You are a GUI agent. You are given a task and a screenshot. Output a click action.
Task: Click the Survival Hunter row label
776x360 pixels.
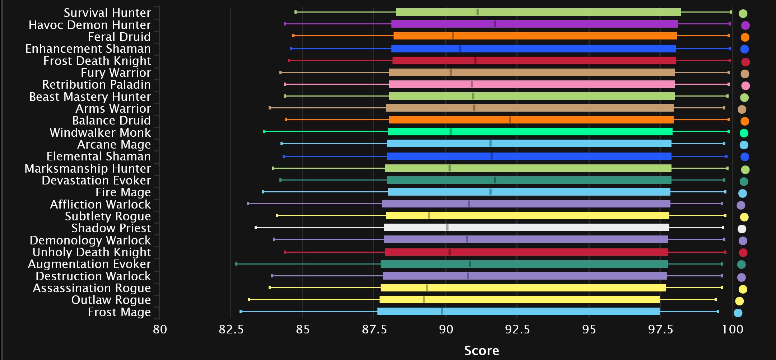(107, 13)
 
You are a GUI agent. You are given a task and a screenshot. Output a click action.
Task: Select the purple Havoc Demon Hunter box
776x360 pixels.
(534, 24)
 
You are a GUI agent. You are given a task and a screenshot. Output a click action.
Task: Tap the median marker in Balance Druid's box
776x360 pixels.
(510, 120)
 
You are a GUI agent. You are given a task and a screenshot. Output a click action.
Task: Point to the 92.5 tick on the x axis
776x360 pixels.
(517, 329)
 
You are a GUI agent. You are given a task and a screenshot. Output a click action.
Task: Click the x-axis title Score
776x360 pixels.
(481, 351)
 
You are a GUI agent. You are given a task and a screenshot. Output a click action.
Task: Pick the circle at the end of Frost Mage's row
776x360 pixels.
(738, 313)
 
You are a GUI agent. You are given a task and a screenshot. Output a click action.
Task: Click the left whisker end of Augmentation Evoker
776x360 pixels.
(236, 264)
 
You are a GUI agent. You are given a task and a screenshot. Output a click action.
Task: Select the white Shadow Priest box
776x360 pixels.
(526, 228)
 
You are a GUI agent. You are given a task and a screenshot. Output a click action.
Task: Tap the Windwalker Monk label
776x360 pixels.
(100, 133)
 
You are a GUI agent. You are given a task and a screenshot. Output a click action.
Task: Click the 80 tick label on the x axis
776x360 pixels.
(160, 329)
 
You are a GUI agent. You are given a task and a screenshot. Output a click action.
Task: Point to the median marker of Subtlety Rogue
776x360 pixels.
(429, 216)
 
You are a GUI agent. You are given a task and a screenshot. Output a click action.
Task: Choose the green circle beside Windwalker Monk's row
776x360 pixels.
(744, 133)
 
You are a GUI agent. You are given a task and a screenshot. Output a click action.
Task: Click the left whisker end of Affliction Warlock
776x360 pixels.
(248, 204)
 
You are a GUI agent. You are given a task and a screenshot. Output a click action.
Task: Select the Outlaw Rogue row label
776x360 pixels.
(111, 300)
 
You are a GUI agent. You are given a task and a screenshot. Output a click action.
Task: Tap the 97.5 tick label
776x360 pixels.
(660, 329)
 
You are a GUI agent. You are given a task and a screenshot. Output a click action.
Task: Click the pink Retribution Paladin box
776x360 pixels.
(532, 84)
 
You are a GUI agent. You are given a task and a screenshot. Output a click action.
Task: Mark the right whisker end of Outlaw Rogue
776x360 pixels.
(716, 300)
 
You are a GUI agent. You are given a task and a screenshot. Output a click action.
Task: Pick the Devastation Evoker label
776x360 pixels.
(96, 181)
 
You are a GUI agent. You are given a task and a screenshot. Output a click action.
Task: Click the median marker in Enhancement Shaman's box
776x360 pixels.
(460, 49)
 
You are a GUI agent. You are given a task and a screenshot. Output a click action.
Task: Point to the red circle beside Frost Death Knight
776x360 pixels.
(745, 62)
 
